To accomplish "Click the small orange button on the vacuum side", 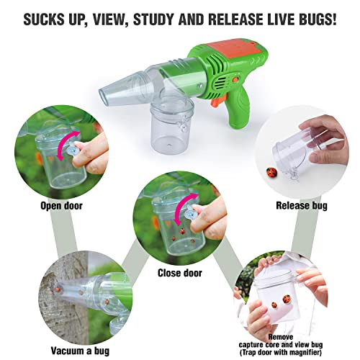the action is point(235,79).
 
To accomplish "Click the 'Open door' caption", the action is point(61,206).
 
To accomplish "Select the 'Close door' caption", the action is point(180,273).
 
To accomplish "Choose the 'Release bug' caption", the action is point(302,206).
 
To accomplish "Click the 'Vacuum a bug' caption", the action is point(80,351).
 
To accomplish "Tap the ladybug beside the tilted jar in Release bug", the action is point(271,172).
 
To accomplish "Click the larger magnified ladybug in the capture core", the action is point(287,299).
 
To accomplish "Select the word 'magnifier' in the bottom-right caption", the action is point(304,352).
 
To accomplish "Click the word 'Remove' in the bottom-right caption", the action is point(281,337).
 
